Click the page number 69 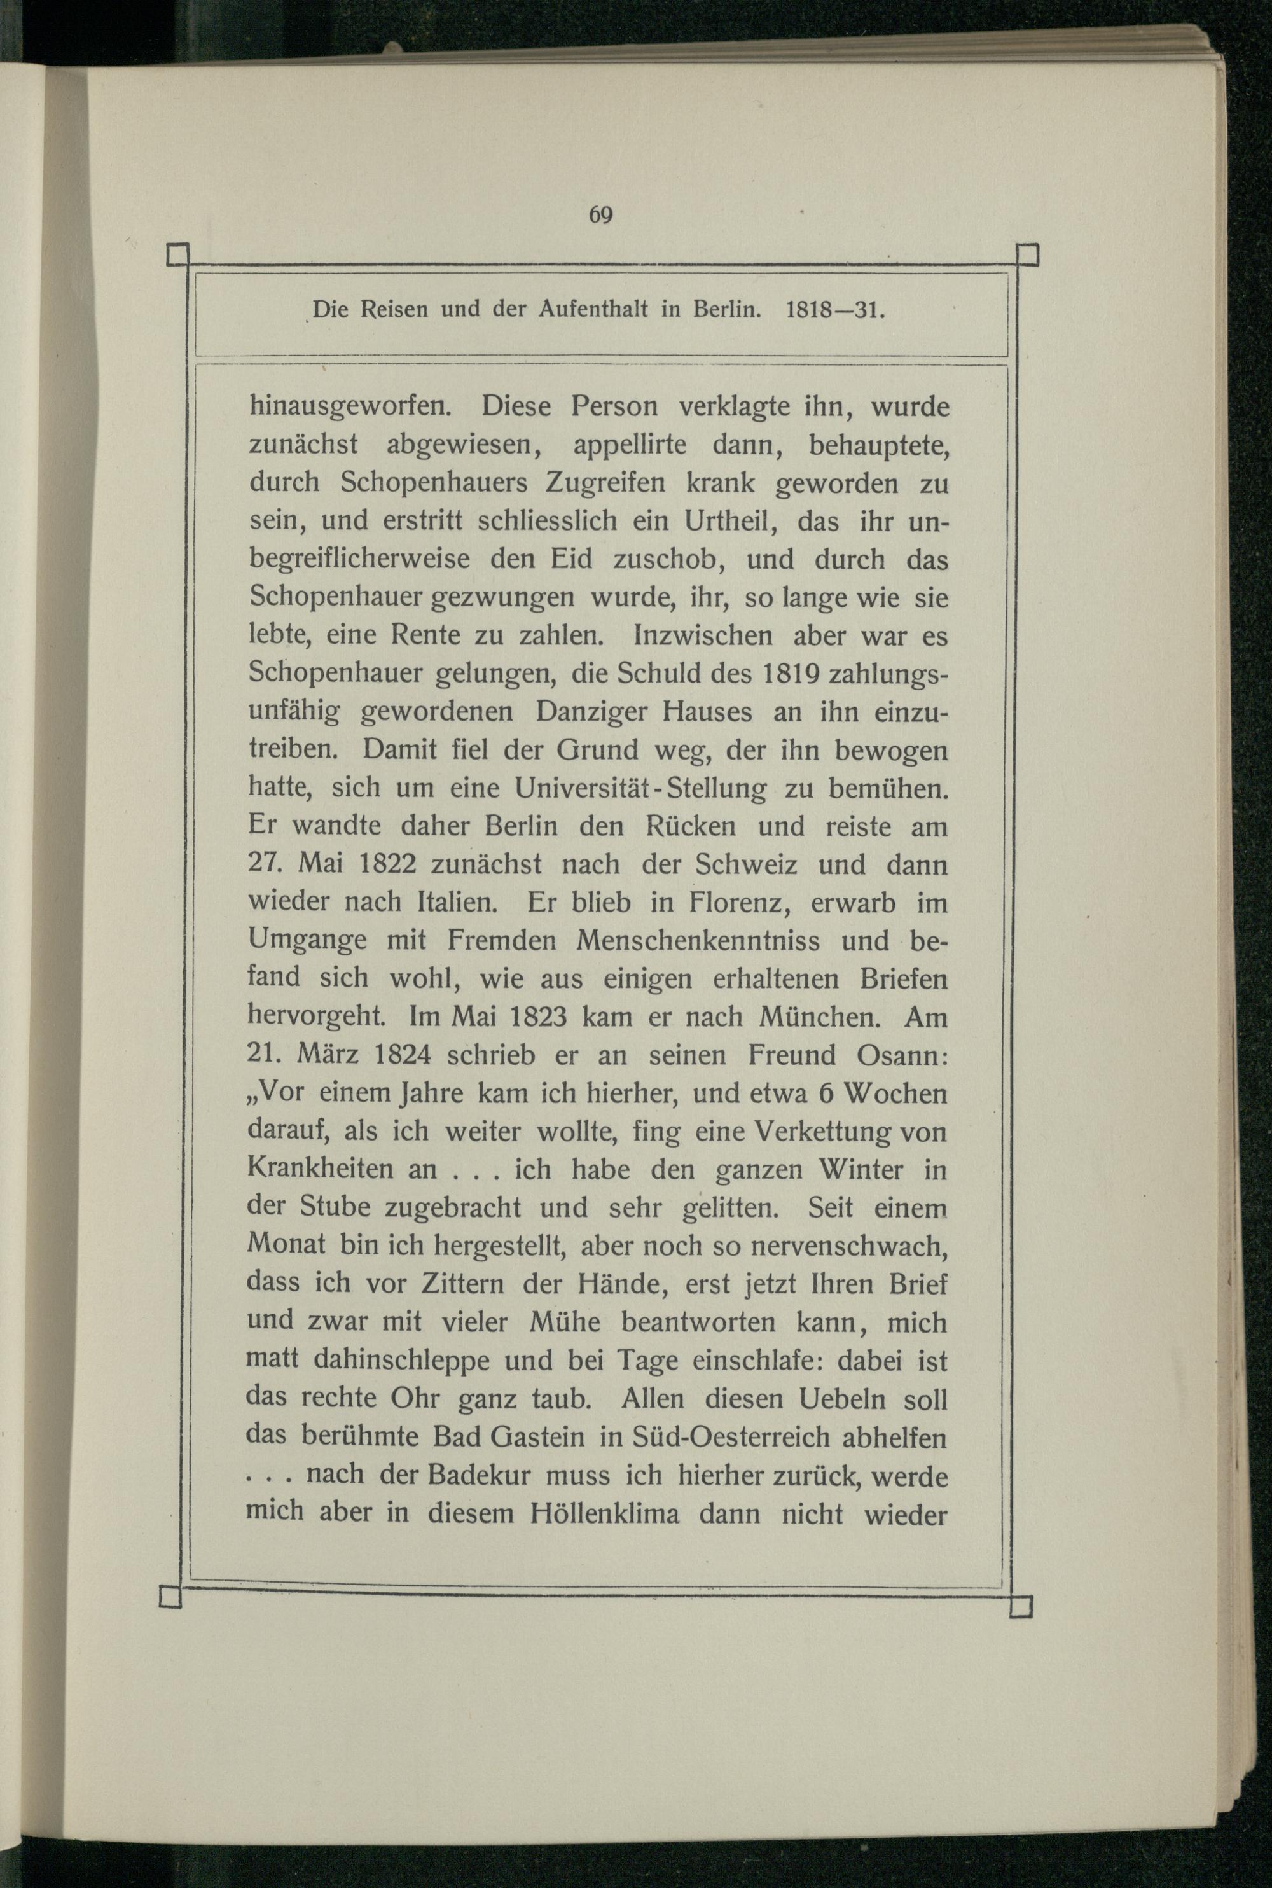click(x=600, y=215)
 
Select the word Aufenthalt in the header click(x=592, y=310)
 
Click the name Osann click(x=901, y=1055)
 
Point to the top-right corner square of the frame click(x=1027, y=254)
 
